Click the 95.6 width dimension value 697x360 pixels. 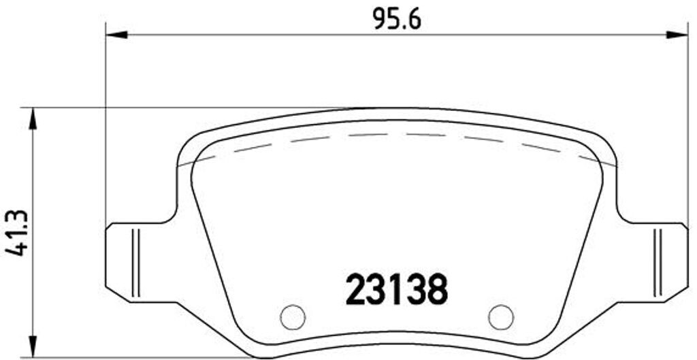coord(397,18)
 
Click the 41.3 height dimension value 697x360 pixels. coord(17,233)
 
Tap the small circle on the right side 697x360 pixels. coord(501,316)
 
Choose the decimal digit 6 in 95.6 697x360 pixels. coord(414,18)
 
